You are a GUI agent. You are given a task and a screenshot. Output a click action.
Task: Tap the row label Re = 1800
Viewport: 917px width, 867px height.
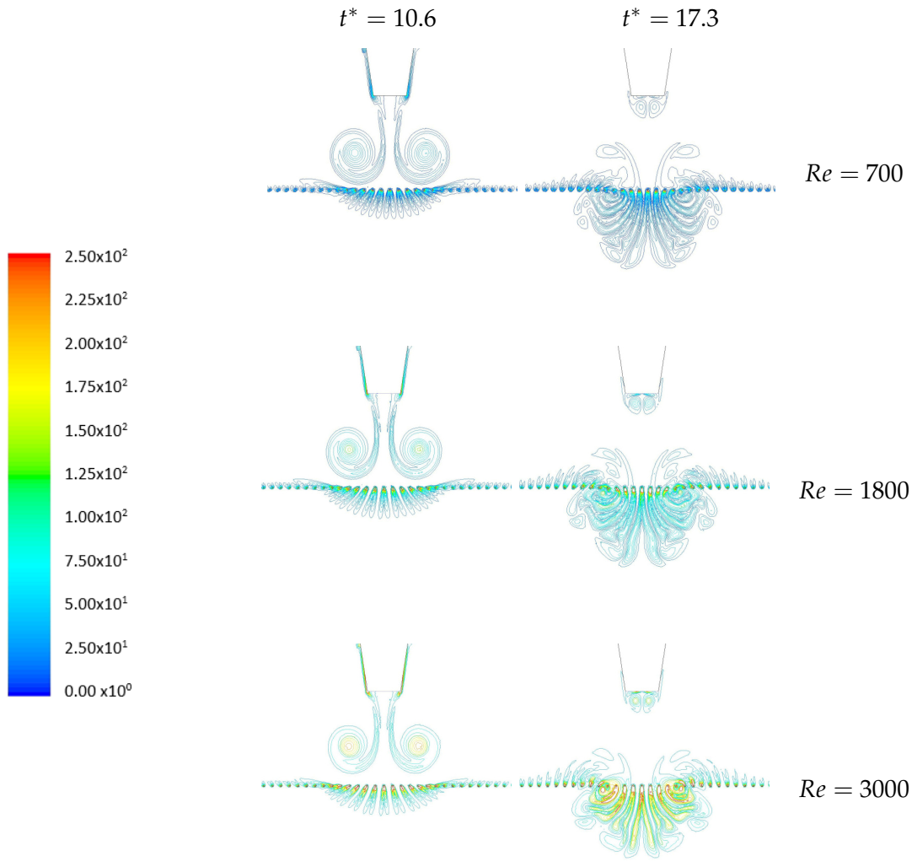854,490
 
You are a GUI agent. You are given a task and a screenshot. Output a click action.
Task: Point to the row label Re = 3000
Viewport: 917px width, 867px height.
854,789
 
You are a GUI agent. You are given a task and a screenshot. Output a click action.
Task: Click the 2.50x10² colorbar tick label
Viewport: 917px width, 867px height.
96,256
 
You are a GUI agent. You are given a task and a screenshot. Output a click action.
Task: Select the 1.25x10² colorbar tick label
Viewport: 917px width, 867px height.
96,473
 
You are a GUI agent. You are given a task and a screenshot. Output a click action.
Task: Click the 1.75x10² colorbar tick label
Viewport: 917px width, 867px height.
96,387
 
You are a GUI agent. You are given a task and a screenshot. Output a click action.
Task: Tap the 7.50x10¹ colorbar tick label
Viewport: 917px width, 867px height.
96,561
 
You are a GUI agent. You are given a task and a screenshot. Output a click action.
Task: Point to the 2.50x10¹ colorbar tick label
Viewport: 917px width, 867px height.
96,648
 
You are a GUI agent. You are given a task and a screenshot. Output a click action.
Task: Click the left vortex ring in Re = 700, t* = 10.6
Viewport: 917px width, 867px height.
353,154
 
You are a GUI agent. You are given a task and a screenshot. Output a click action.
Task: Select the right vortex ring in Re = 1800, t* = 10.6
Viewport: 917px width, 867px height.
418,450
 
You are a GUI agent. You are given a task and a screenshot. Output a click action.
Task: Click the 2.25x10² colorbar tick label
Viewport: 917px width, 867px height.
96,300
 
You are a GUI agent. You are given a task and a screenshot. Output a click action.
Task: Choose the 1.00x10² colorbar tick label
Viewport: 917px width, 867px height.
96,517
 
